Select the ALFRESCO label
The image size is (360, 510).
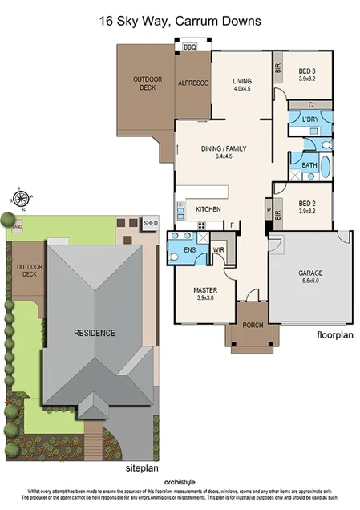click(192, 83)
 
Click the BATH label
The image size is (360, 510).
click(309, 165)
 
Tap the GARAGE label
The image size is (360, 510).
click(309, 273)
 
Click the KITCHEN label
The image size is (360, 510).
click(208, 209)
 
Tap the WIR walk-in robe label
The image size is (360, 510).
click(218, 250)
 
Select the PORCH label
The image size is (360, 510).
click(252, 325)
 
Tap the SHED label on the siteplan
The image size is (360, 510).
click(150, 223)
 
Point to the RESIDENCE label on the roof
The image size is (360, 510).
click(95, 333)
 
